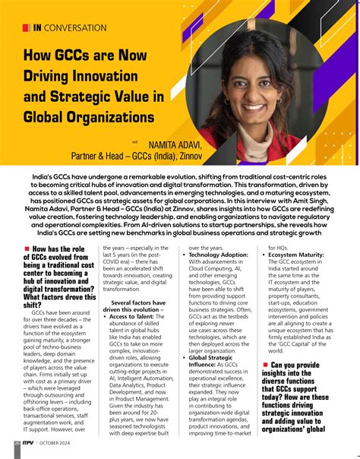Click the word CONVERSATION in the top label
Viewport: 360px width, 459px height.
(x=76, y=28)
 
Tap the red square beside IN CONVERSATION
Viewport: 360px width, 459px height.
(x=27, y=28)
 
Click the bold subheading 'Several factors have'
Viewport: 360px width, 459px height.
(x=137, y=302)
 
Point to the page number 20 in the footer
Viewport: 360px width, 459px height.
(x=17, y=443)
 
